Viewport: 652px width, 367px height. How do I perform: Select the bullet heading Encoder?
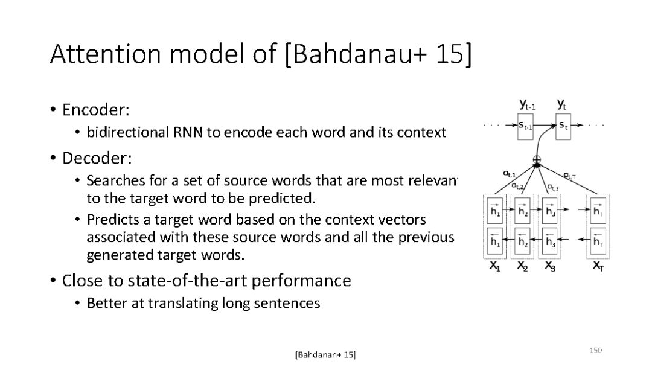pos(96,110)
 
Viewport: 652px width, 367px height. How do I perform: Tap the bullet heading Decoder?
pos(97,158)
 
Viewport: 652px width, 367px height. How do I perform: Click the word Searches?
pos(112,180)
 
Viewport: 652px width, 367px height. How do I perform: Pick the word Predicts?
pos(109,219)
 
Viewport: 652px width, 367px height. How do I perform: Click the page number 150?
pos(596,350)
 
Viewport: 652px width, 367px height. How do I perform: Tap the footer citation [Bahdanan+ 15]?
pos(325,354)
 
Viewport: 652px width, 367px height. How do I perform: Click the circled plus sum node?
pos(537,160)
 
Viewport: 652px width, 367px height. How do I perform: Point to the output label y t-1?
pos(526,105)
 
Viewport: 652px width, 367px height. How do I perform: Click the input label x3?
pos(551,266)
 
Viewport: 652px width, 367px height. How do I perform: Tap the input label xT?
pos(598,266)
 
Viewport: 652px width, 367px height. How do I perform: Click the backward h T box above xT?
pos(598,241)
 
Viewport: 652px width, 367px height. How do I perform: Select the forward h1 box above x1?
pos(495,211)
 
